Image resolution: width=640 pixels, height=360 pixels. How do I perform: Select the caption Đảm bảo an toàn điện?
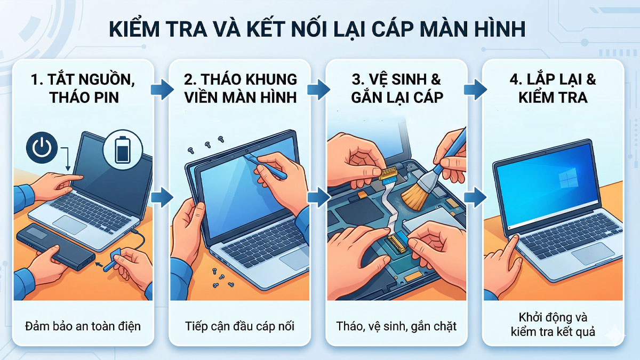[83, 325]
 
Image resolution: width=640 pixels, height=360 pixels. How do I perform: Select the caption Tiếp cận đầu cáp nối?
[240, 325]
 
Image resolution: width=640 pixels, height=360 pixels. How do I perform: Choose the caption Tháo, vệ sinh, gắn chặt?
[397, 325]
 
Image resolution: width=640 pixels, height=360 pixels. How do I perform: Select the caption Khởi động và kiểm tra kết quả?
[553, 324]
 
